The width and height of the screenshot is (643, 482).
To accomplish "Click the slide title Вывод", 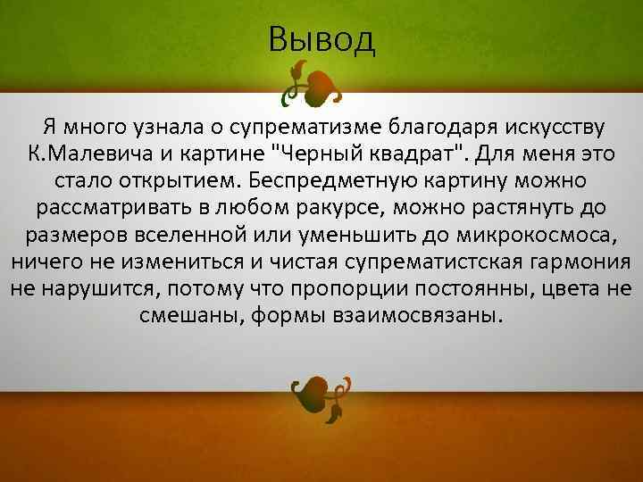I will (321, 39).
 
